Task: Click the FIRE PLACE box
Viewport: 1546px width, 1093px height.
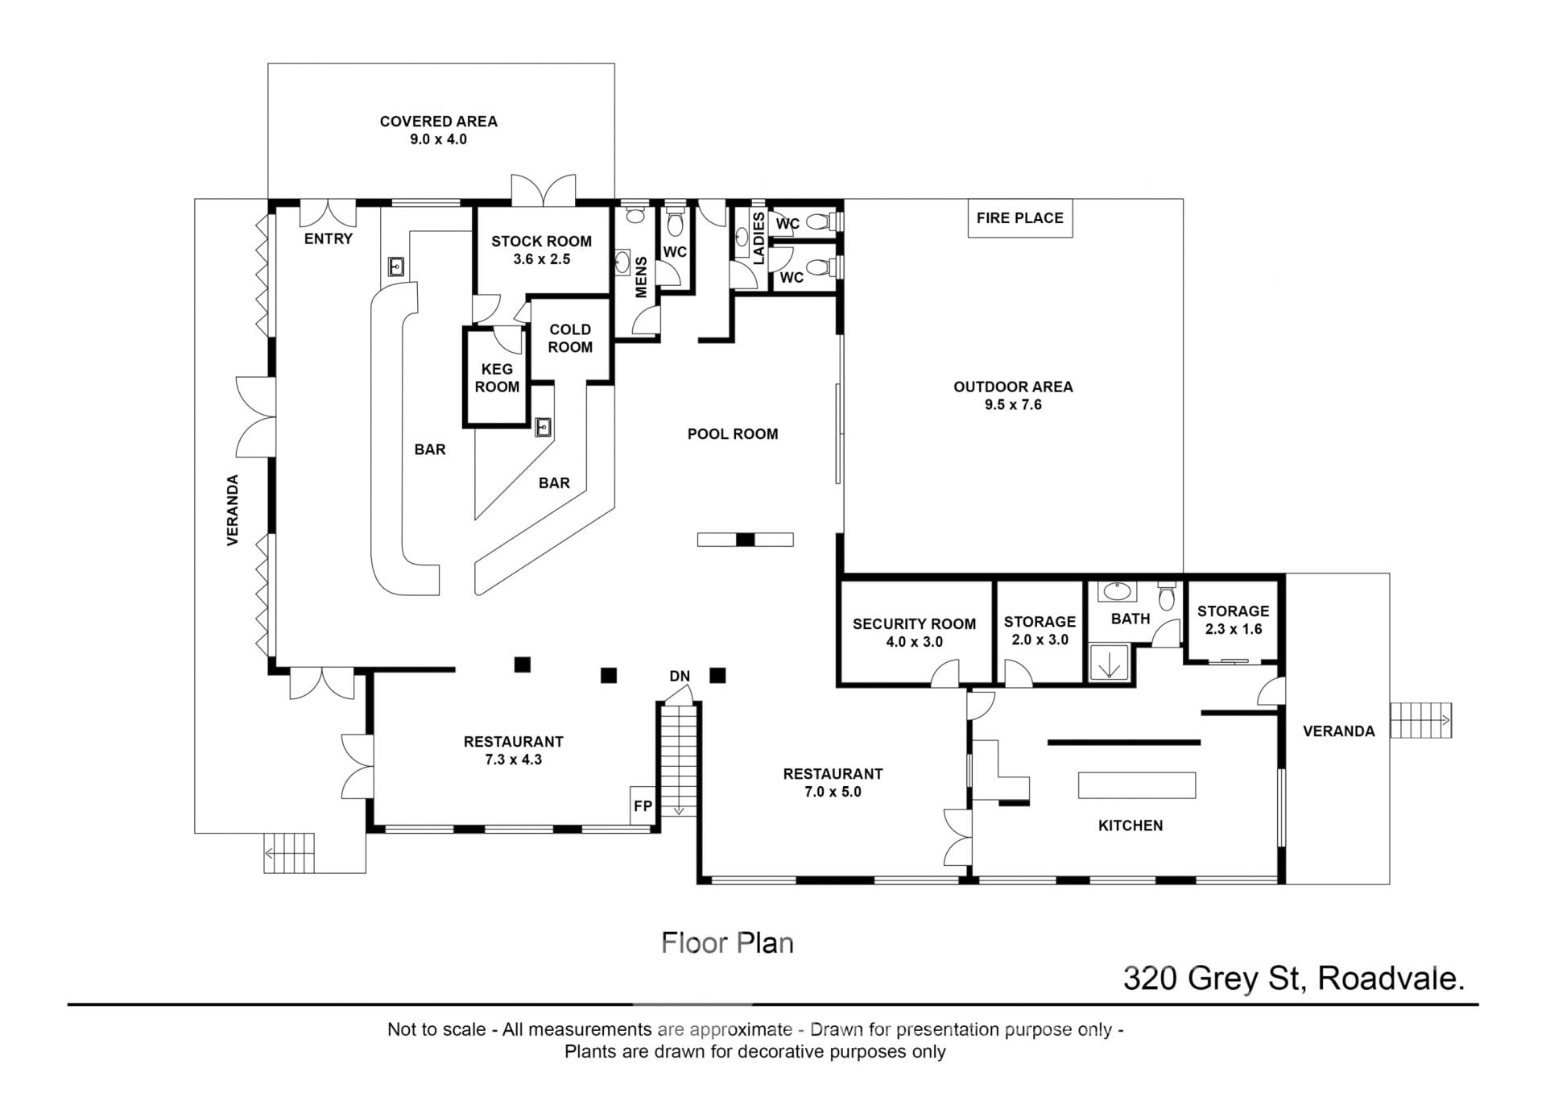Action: [1019, 218]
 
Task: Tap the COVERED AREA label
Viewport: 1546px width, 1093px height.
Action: [439, 122]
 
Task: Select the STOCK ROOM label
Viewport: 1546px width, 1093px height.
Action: [541, 241]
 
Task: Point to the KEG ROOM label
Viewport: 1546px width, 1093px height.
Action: [497, 378]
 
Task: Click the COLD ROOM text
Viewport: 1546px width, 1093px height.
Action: [570, 338]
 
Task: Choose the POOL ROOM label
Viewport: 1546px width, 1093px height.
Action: [733, 434]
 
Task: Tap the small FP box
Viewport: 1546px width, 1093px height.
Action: [643, 805]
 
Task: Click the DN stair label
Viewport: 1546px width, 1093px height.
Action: [680, 676]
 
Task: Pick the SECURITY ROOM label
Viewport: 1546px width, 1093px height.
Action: [914, 624]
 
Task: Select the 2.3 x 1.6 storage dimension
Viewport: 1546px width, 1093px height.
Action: [1234, 629]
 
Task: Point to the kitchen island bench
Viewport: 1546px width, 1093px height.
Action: [1137, 785]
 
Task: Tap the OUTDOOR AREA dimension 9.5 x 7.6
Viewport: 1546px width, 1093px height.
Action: [1013, 404]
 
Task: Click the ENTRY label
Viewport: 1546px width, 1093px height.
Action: [329, 238]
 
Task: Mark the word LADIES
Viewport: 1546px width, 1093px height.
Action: [759, 238]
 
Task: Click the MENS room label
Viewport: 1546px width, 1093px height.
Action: [642, 277]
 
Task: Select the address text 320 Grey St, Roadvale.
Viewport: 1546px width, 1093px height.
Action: [1294, 979]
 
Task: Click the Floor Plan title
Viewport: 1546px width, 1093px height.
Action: [727, 943]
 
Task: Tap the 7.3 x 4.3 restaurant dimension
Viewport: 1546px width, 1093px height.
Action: [514, 760]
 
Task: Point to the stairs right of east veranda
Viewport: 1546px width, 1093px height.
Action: [1420, 720]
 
